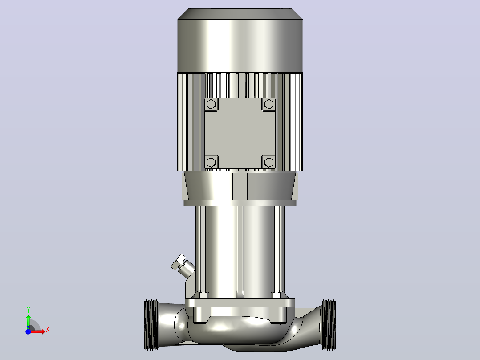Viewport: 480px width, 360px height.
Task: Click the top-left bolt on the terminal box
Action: [211, 104]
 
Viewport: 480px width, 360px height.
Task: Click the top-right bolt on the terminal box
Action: [269, 104]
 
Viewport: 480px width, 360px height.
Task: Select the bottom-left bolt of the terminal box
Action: [211, 162]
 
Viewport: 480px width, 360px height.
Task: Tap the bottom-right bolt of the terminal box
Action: [269, 162]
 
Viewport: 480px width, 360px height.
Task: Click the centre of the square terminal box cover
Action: [240, 133]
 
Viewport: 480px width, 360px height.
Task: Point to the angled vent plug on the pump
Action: [183, 266]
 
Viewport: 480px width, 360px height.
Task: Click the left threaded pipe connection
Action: [151, 325]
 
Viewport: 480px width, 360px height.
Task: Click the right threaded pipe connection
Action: [329, 325]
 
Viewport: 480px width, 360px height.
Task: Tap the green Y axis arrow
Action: [28, 322]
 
